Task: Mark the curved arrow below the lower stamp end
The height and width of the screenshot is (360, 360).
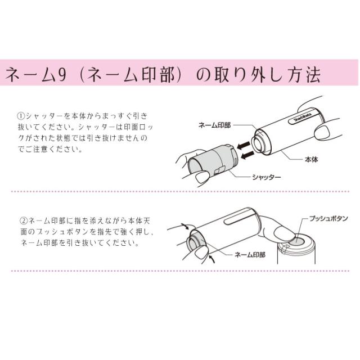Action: (x=210, y=259)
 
